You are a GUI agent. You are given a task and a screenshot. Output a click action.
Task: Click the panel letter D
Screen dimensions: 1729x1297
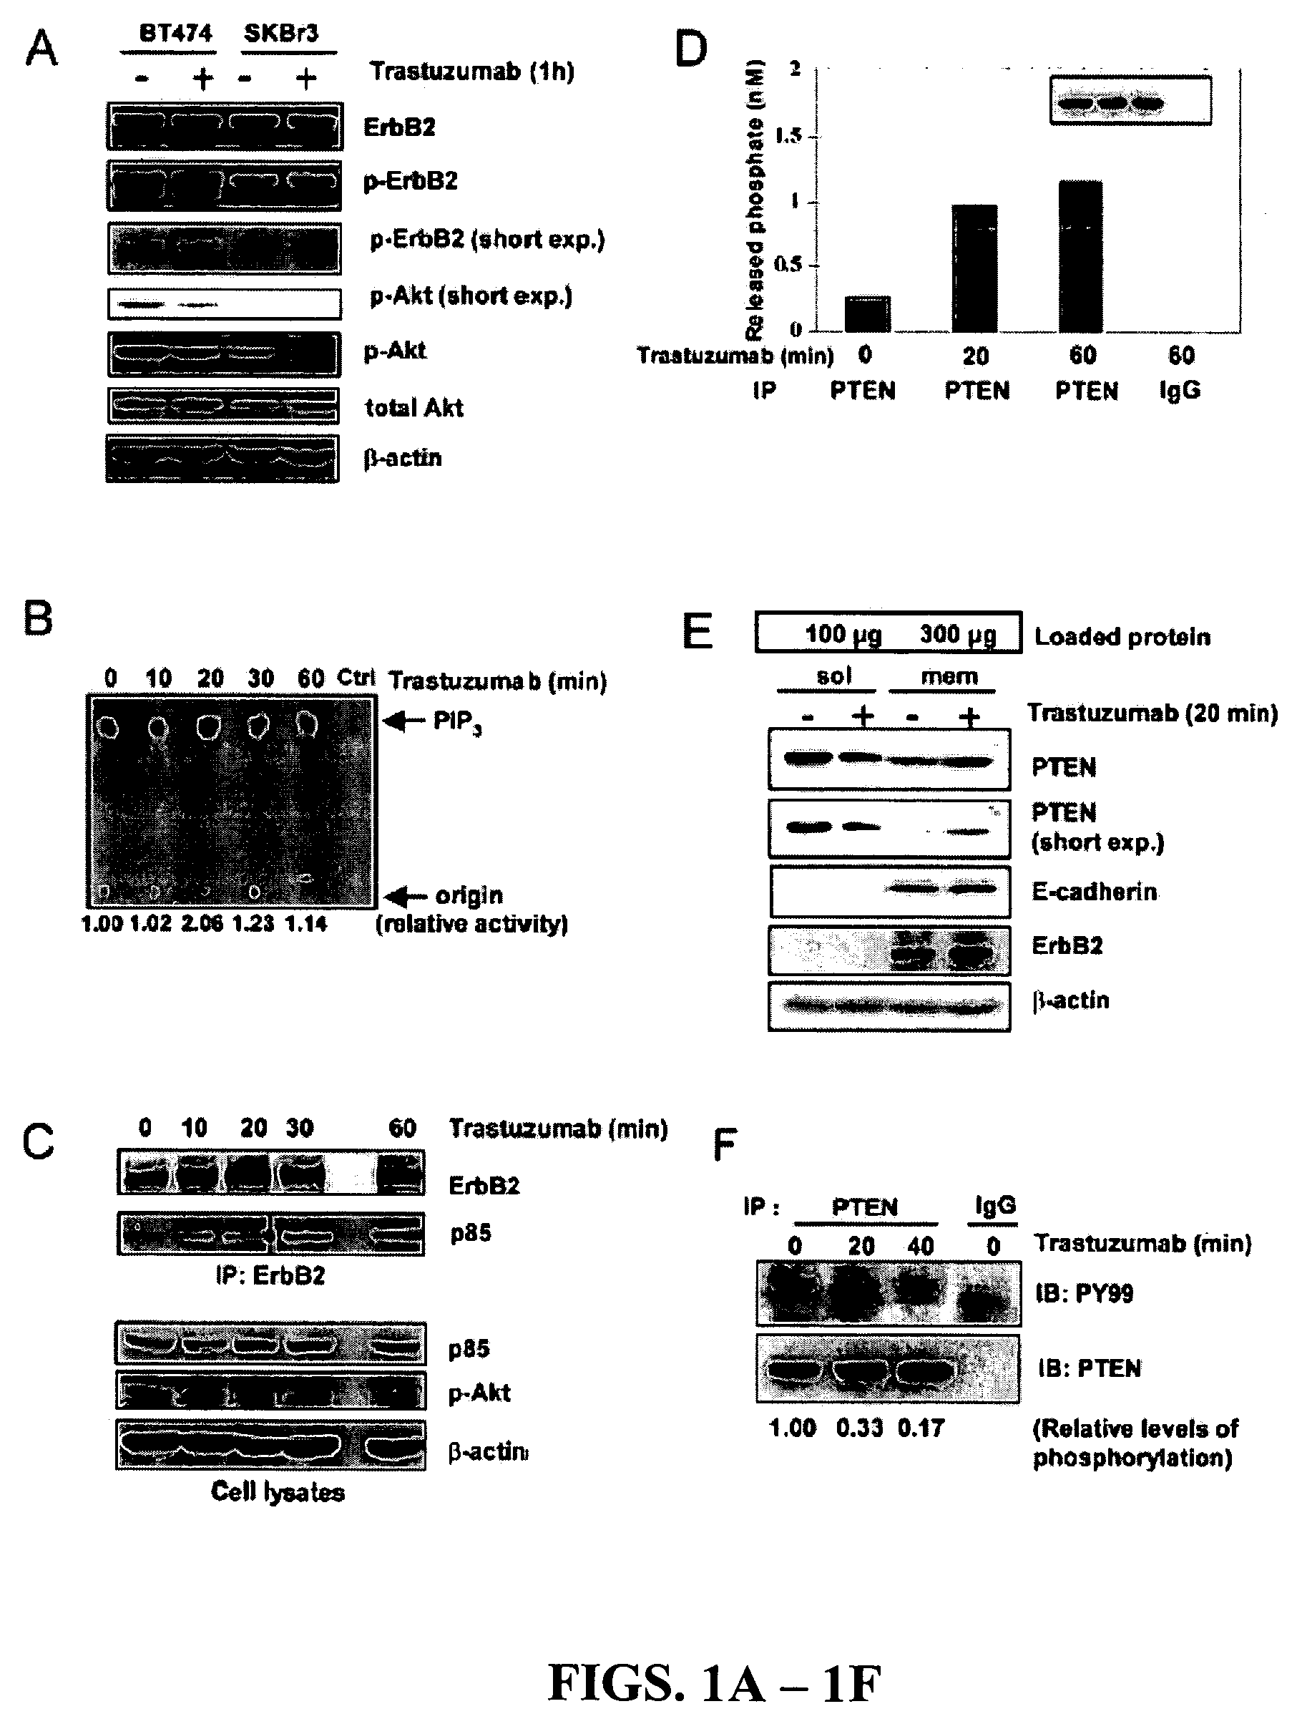(x=690, y=49)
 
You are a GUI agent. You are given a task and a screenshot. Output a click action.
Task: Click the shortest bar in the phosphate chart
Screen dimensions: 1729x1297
(x=867, y=313)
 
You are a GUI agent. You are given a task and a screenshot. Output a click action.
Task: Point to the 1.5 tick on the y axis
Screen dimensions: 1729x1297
(x=788, y=136)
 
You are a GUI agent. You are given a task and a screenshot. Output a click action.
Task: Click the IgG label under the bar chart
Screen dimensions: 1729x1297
(x=1180, y=390)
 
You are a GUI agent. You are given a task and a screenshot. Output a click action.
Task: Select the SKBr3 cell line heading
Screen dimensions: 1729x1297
(x=280, y=34)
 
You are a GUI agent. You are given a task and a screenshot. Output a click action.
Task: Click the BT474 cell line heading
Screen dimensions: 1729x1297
(x=175, y=34)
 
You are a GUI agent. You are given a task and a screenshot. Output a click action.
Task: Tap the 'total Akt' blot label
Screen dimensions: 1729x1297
(x=414, y=407)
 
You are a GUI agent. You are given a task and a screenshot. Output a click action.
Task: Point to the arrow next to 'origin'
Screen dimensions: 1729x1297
(x=407, y=895)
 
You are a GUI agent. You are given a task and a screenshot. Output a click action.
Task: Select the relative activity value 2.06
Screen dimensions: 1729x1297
(x=202, y=924)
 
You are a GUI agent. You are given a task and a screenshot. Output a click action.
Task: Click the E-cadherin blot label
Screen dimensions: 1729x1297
(x=1094, y=891)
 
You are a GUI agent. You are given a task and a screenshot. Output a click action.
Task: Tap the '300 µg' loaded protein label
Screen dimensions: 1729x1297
(x=958, y=634)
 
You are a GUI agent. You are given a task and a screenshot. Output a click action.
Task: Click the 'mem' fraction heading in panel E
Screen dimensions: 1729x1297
(x=949, y=676)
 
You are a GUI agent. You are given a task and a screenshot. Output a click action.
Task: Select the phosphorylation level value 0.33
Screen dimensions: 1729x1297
(x=859, y=1428)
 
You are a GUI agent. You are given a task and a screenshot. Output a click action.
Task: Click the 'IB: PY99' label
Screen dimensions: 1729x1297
(x=1084, y=1293)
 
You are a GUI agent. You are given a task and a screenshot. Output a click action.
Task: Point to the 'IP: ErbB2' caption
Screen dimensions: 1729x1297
(x=270, y=1276)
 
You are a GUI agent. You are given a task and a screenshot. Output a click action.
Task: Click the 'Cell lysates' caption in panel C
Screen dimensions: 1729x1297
(x=278, y=1491)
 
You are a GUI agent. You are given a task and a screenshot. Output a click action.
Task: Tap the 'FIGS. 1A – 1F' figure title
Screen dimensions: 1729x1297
(x=714, y=1682)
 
